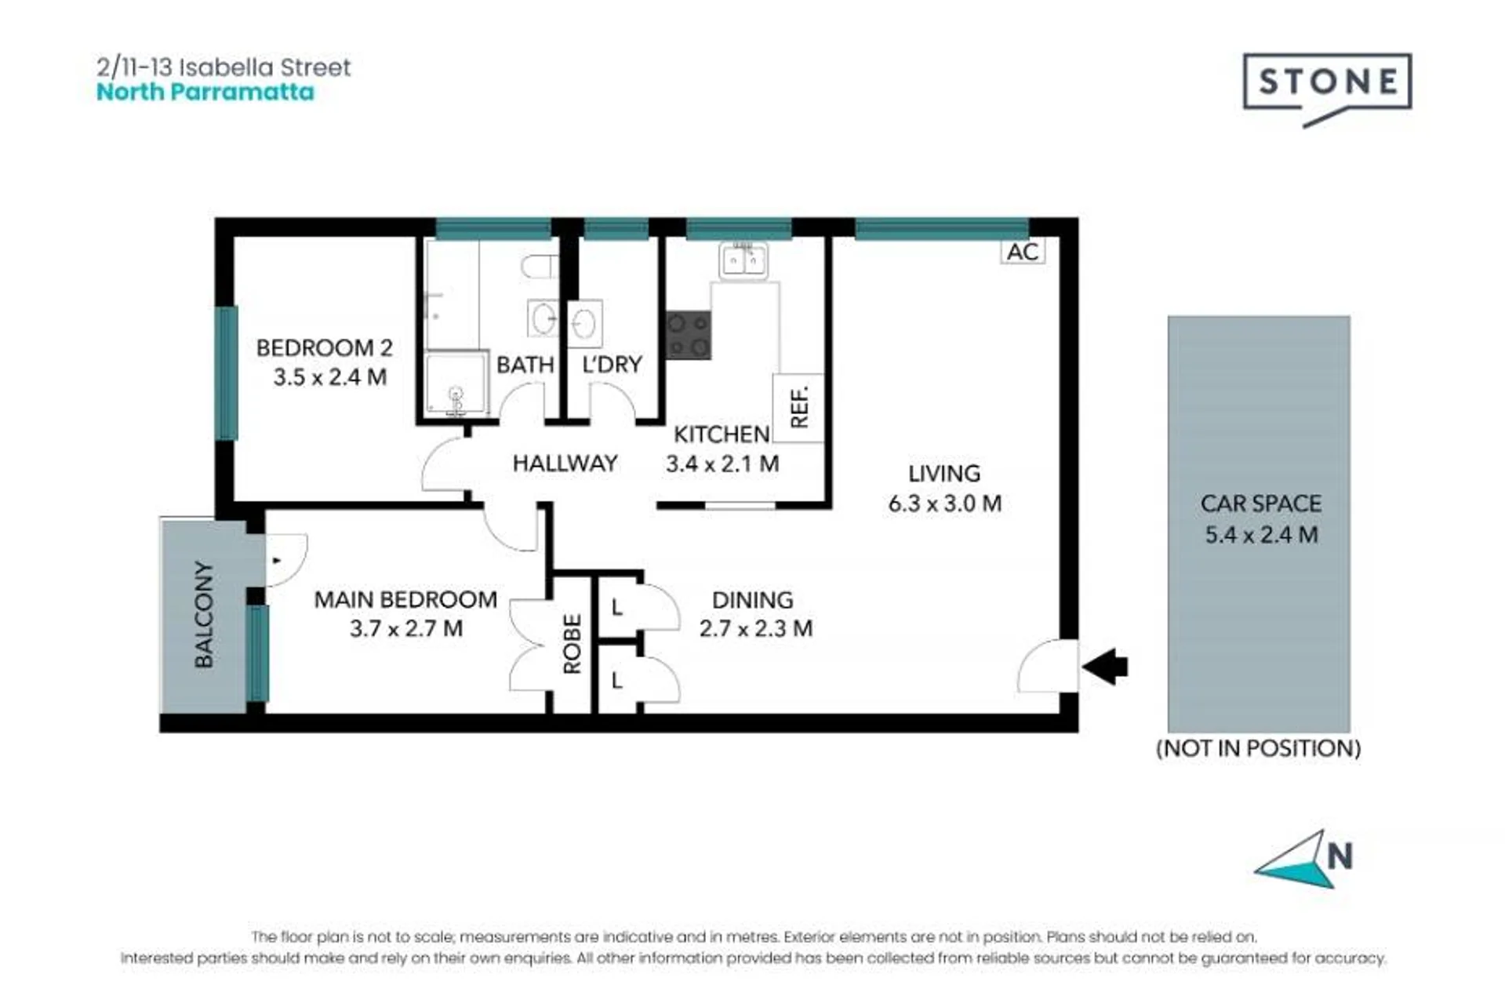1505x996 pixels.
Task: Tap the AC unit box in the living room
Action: [1023, 252]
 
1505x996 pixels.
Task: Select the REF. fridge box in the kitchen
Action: [798, 408]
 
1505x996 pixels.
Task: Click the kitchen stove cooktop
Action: [688, 335]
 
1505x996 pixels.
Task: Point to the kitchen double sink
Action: [743, 260]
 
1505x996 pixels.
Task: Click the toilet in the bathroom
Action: [540, 267]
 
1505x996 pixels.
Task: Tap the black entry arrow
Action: [1105, 667]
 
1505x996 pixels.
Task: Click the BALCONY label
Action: [203, 614]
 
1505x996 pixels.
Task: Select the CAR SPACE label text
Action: [1260, 503]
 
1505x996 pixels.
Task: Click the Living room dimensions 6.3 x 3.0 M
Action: [944, 503]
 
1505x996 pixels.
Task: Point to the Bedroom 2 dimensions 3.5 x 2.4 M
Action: [329, 377]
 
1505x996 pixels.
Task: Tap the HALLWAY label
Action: [565, 463]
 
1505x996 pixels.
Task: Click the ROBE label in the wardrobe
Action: [573, 644]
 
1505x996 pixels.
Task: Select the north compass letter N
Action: [1340, 856]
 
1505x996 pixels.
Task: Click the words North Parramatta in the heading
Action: [205, 92]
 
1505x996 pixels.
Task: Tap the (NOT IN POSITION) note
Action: [1259, 748]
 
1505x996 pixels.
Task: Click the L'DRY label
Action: [612, 364]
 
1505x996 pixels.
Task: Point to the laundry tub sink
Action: [584, 323]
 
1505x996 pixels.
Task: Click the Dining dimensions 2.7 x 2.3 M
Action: [755, 628]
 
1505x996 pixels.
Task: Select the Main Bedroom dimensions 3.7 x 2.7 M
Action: [405, 628]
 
